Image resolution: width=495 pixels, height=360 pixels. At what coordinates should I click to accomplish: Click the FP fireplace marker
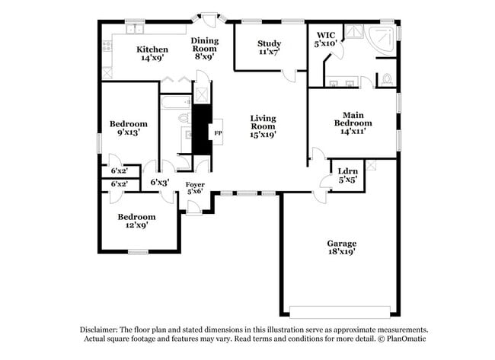point(218,134)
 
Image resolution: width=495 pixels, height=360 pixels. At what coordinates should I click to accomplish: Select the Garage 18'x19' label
point(339,246)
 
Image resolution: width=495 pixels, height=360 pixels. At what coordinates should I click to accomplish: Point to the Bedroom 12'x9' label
point(136,221)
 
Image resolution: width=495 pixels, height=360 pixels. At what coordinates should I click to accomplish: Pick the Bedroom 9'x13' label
point(128,128)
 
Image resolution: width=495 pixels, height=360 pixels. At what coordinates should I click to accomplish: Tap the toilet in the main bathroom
point(386,78)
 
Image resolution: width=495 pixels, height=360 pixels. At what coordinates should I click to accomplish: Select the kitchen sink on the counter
point(135,30)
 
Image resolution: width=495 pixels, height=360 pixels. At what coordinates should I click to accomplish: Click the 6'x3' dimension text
point(159,183)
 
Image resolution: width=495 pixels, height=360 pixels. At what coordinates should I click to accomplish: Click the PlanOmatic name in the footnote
point(405,339)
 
